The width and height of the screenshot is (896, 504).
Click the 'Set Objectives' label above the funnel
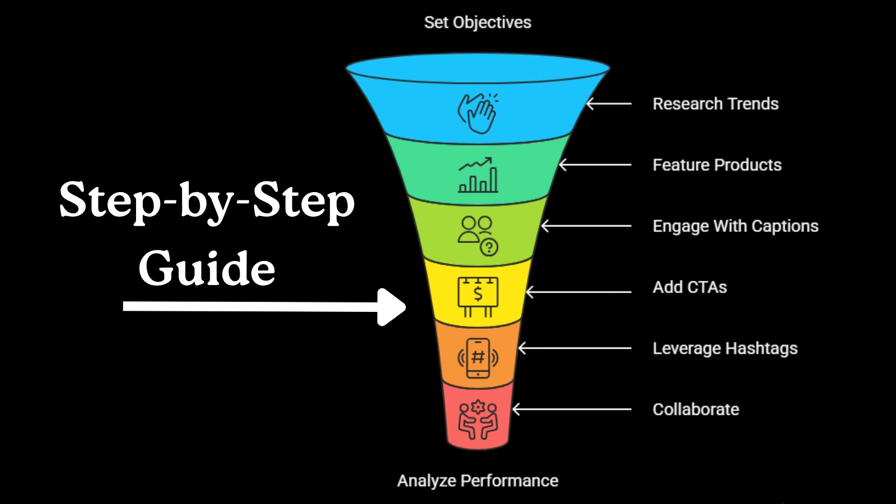point(477,22)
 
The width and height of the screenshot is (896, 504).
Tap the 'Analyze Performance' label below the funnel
point(478,480)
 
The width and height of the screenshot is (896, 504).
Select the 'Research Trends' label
point(715,104)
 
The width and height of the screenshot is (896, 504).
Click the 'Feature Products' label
point(717,165)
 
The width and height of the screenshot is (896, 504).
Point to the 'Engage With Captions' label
point(735,226)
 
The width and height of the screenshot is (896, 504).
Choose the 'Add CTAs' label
point(689,287)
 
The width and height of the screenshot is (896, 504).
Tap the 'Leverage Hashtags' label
point(725,348)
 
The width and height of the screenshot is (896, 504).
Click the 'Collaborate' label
point(696,409)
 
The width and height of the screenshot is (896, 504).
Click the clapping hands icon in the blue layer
point(478,113)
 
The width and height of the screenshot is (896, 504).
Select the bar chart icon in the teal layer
point(478,175)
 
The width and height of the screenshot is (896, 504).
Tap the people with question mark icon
point(478,235)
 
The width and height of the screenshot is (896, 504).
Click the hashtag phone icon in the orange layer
point(478,358)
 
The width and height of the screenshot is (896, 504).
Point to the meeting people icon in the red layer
point(478,419)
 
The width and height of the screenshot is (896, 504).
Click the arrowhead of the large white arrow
point(392,307)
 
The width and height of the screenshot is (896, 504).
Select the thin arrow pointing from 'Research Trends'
point(609,104)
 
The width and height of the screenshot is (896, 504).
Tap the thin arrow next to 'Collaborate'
point(572,409)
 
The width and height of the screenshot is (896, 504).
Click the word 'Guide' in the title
point(207,268)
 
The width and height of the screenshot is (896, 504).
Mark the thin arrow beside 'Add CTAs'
point(578,292)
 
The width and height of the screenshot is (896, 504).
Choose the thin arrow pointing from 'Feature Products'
point(595,165)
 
